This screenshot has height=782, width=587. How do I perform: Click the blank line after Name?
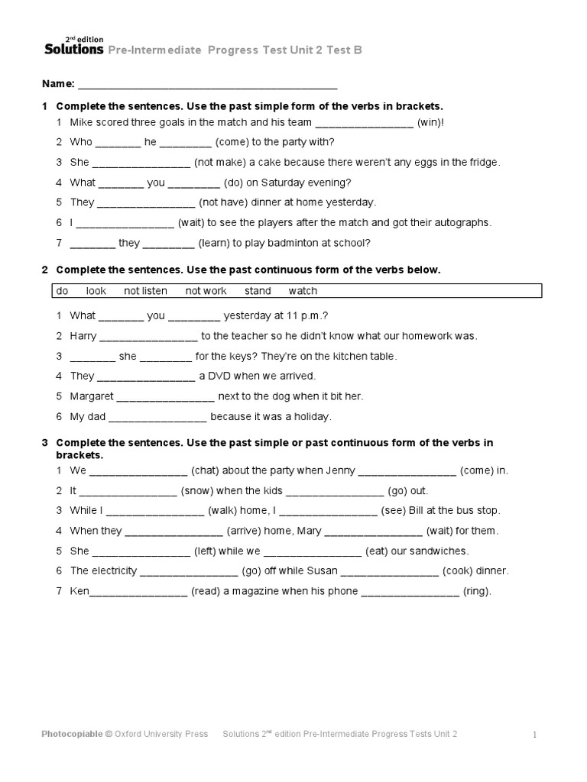click(207, 84)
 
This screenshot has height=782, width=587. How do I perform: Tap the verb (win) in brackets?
click(430, 122)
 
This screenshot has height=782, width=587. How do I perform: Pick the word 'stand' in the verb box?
click(258, 291)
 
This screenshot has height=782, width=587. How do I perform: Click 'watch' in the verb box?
click(303, 291)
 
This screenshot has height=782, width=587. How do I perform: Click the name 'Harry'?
click(83, 335)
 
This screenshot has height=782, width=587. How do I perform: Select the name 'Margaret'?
click(92, 396)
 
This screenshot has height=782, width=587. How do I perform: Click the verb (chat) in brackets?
click(205, 470)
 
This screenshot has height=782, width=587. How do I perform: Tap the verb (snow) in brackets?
click(196, 490)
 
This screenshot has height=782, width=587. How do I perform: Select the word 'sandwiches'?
click(439, 551)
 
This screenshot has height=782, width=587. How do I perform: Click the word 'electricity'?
click(112, 570)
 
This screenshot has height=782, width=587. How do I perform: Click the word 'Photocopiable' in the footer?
click(72, 735)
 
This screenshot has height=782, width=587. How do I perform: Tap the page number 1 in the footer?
click(535, 735)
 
